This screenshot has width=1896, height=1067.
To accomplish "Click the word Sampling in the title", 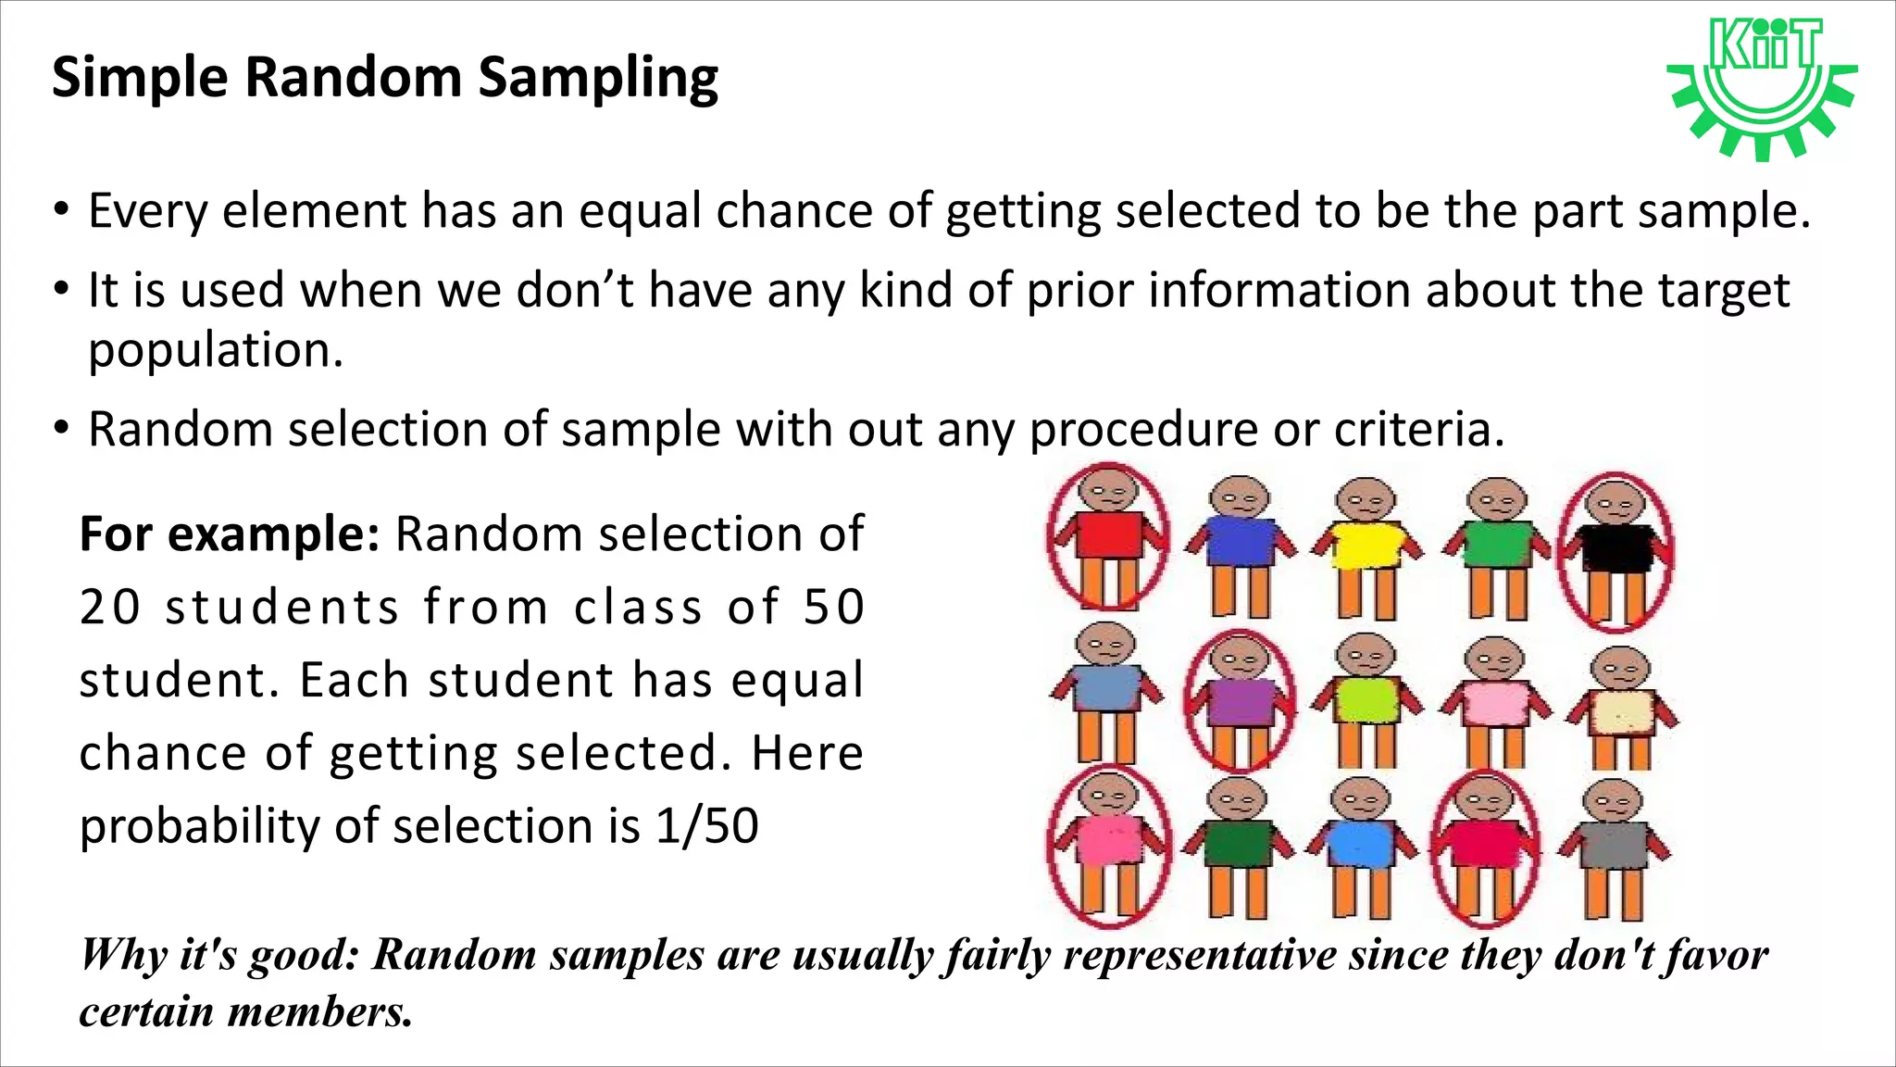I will point(597,78).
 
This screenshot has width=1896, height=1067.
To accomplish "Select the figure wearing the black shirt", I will point(1616,550).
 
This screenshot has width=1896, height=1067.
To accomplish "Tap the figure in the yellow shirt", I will point(1366,546).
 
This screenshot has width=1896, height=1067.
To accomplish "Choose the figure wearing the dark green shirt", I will point(1237,847).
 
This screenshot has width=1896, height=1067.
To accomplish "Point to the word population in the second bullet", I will point(216,351).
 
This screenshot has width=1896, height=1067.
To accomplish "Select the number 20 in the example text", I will point(109,608).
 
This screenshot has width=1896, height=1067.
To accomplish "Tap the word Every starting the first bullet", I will point(148,212).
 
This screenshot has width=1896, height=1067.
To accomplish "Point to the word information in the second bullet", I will point(1279,291).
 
